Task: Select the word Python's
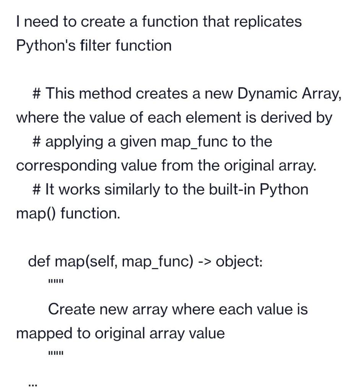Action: point(42,46)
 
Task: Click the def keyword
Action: point(39,262)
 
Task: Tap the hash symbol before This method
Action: point(37,94)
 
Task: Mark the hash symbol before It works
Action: point(37,190)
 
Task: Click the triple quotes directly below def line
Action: point(56,283)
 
